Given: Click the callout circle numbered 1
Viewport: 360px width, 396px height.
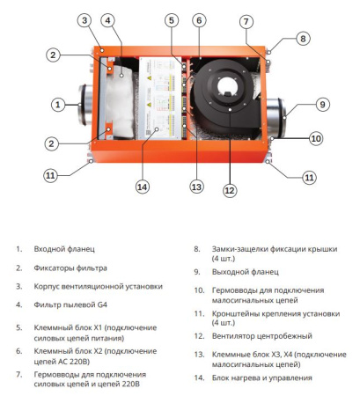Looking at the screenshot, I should pos(58,105).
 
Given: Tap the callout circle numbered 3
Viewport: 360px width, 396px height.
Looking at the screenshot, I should pos(84,19).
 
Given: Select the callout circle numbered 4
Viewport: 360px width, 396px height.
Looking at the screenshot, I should pos(107,19).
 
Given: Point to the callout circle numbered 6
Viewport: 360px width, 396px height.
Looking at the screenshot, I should pos(199,19).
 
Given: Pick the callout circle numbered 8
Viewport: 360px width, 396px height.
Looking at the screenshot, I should pos(303,38).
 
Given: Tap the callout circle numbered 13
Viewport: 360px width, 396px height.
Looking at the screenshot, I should pos(197,187).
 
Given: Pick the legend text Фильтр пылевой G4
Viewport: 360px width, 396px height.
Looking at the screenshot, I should pos(72,304).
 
